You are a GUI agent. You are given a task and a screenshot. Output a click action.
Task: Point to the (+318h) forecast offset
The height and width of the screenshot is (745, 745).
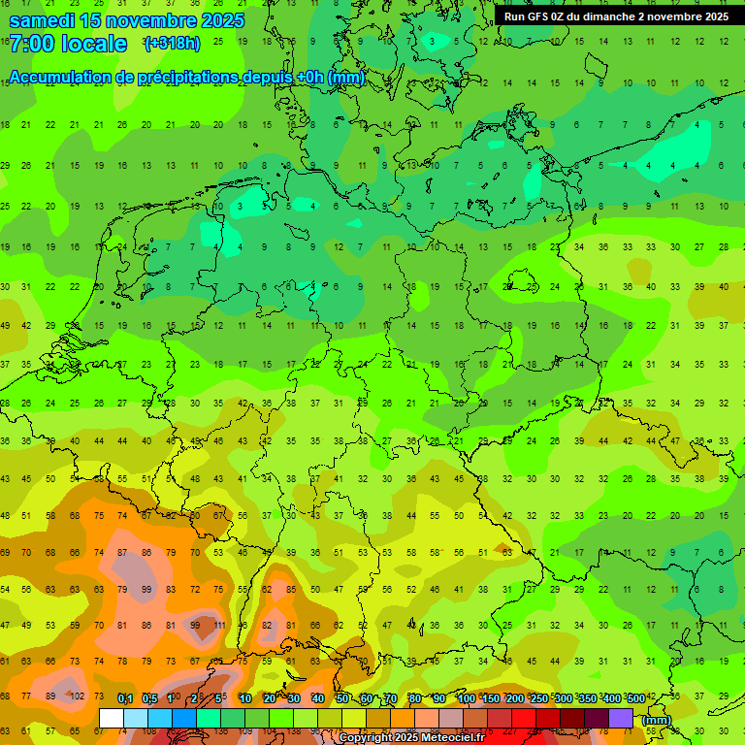click(172, 44)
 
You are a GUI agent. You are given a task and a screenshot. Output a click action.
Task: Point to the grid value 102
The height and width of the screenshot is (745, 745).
click(77, 696)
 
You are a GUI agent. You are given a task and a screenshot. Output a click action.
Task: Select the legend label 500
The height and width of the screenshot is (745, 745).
click(635, 698)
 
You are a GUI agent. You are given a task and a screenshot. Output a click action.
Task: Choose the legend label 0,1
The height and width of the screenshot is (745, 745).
click(125, 698)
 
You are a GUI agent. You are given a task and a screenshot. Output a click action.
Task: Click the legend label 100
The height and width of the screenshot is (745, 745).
click(466, 698)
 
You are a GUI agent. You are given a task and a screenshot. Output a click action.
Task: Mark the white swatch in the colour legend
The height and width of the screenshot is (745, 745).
click(111, 719)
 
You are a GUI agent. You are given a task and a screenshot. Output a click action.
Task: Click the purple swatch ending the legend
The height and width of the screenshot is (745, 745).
click(621, 719)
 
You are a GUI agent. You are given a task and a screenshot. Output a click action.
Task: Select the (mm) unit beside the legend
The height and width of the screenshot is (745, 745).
click(657, 720)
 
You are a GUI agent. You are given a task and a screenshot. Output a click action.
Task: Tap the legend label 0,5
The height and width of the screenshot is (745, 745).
click(149, 698)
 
